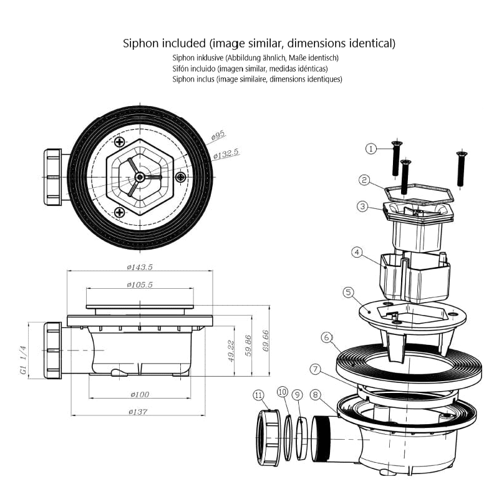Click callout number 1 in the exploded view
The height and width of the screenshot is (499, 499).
[x=371, y=148]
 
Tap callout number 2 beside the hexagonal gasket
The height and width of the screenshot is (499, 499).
[x=364, y=180]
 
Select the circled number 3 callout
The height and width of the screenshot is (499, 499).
[x=363, y=206]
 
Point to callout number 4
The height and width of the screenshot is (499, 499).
[x=357, y=253]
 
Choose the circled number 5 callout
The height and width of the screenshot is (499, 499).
[x=348, y=292]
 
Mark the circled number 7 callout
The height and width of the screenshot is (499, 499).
[x=316, y=370]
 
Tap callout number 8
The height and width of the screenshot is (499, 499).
[x=316, y=394]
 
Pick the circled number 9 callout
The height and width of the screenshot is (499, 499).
[x=298, y=394]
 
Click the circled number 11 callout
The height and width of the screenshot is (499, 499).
[x=258, y=394]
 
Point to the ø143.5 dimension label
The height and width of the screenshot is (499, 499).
[x=140, y=267]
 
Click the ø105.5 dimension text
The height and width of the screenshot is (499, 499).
[x=140, y=285]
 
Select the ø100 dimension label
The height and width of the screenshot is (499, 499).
[x=140, y=394]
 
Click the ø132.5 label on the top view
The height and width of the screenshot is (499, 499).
[x=226, y=153]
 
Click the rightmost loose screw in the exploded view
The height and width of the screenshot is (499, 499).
[x=461, y=168]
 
